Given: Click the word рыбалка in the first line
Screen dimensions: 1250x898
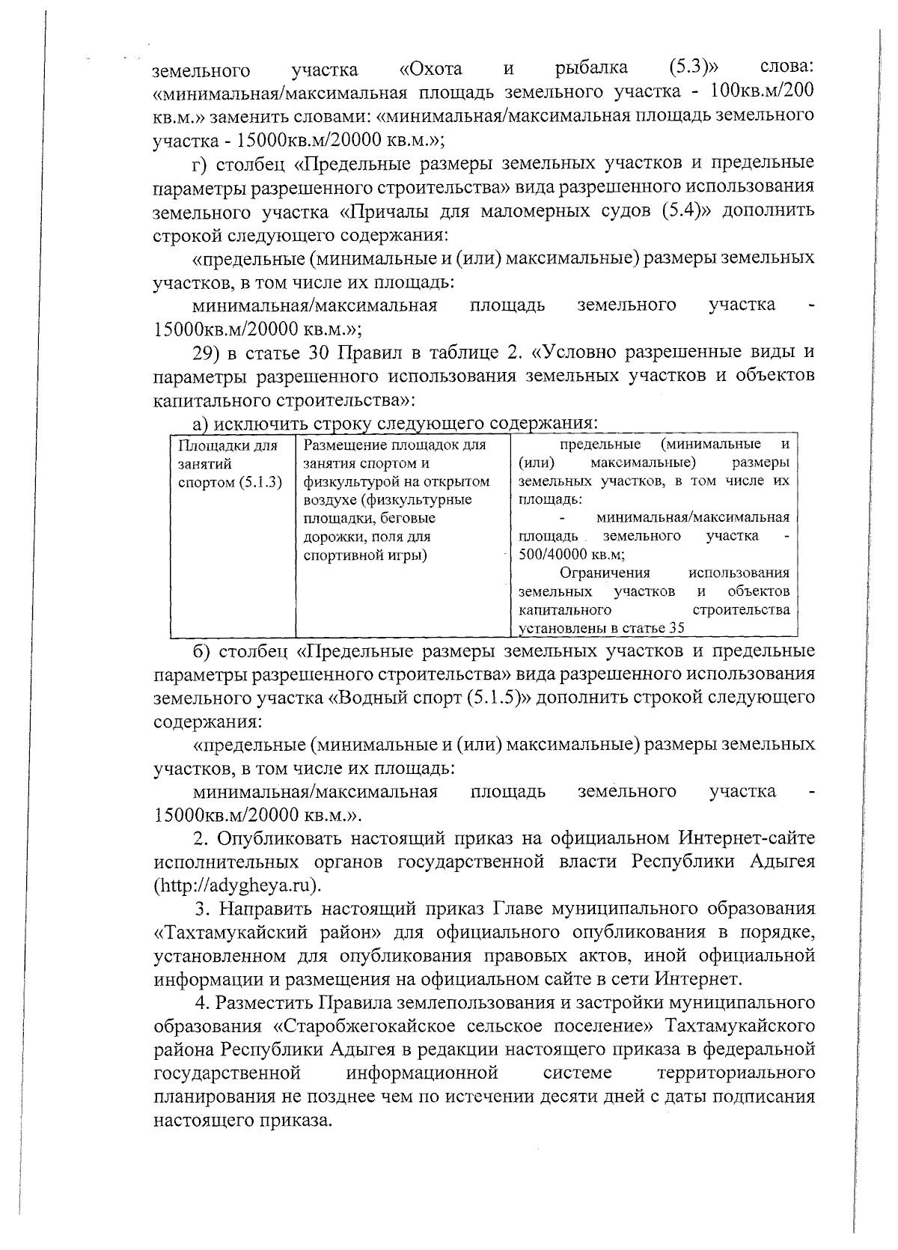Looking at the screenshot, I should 591,70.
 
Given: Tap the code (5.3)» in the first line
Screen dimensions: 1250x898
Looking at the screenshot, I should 697,70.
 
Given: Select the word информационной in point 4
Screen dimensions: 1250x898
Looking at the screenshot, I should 423,1073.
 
